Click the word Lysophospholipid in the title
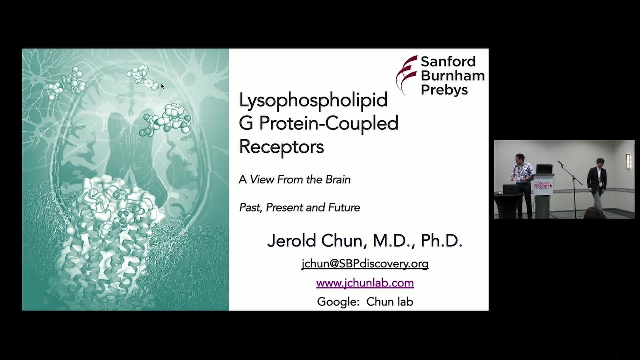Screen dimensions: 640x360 point(313,100)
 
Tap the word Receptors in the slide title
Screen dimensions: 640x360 point(281,147)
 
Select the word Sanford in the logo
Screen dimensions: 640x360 point(448,61)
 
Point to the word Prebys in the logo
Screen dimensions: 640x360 point(444,90)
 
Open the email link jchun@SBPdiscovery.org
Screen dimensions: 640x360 point(365,264)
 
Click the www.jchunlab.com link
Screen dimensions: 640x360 point(365,283)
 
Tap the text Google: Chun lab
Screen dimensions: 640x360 point(365,302)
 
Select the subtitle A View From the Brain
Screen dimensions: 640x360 point(295,179)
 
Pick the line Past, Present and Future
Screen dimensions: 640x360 point(300,207)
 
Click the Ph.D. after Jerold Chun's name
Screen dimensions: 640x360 point(441,240)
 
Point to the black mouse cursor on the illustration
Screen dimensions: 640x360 point(163,86)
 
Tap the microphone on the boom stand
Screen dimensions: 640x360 point(560,163)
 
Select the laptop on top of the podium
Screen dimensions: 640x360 point(544,169)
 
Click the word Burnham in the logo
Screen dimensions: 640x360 point(453,75)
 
